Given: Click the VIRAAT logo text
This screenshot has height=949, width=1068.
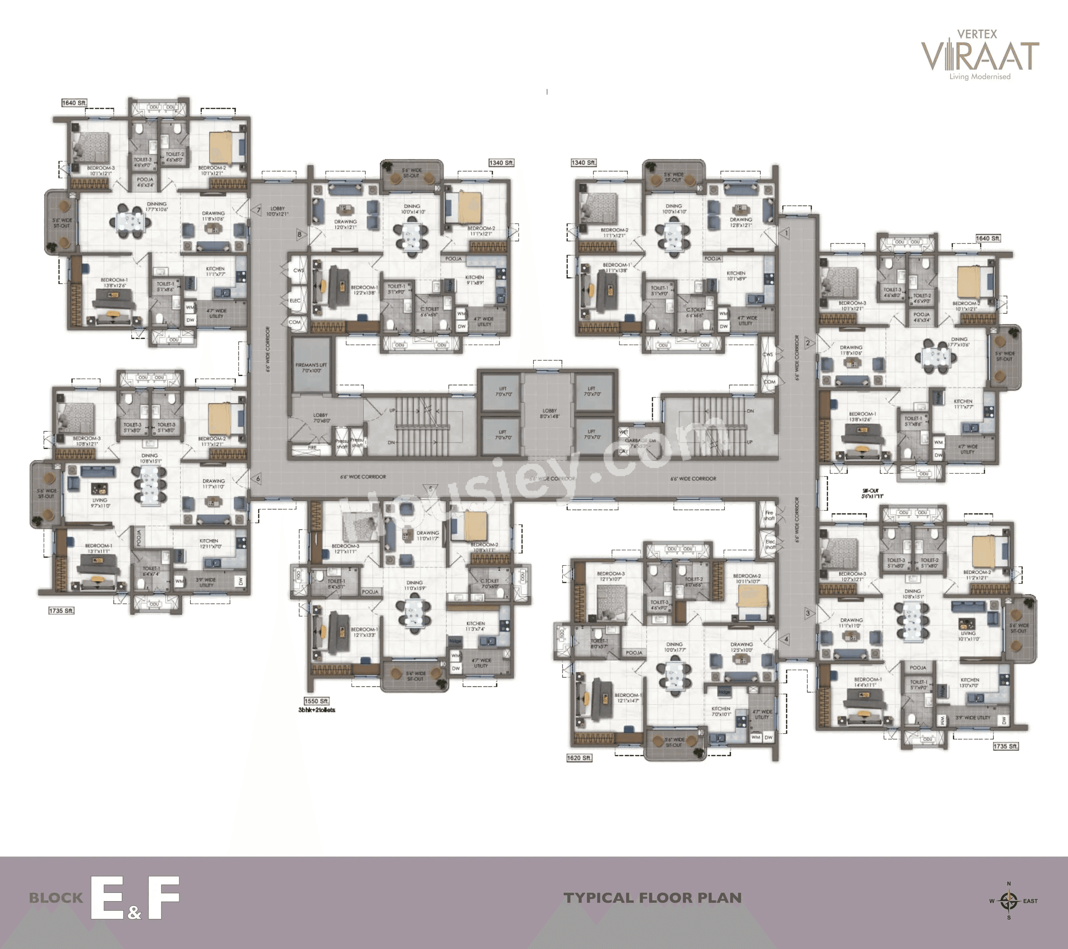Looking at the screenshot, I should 980,57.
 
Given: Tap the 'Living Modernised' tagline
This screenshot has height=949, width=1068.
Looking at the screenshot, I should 980,77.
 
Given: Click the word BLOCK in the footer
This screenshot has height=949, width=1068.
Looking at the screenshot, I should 56,898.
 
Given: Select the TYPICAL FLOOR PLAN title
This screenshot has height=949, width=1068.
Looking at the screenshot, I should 653,898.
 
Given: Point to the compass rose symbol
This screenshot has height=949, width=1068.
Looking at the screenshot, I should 1008,900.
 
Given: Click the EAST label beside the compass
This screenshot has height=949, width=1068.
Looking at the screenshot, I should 1030,901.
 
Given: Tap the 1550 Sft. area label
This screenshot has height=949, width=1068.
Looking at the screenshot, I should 316,701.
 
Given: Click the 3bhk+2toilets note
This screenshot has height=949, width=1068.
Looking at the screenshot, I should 316,710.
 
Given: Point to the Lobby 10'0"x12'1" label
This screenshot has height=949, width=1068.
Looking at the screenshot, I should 277,211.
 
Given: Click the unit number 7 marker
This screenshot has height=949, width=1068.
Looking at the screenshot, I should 258,210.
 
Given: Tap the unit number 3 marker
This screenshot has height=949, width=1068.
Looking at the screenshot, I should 808,613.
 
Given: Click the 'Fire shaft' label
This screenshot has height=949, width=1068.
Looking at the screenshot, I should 769,516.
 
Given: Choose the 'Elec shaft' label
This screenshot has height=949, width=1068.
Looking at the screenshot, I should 770,544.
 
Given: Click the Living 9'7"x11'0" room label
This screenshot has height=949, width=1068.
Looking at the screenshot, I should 99,503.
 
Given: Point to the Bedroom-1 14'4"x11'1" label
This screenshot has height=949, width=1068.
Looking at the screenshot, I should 867,682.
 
